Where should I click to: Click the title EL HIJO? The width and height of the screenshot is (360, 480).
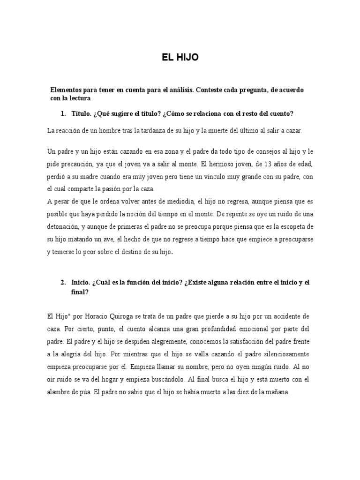tap(180, 58)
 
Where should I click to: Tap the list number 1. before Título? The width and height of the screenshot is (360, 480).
tap(63, 114)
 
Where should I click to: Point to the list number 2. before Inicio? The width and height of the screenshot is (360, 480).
tap(63, 282)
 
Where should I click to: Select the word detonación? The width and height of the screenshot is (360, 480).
tap(63, 226)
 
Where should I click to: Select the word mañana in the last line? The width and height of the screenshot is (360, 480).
tap(278, 392)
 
